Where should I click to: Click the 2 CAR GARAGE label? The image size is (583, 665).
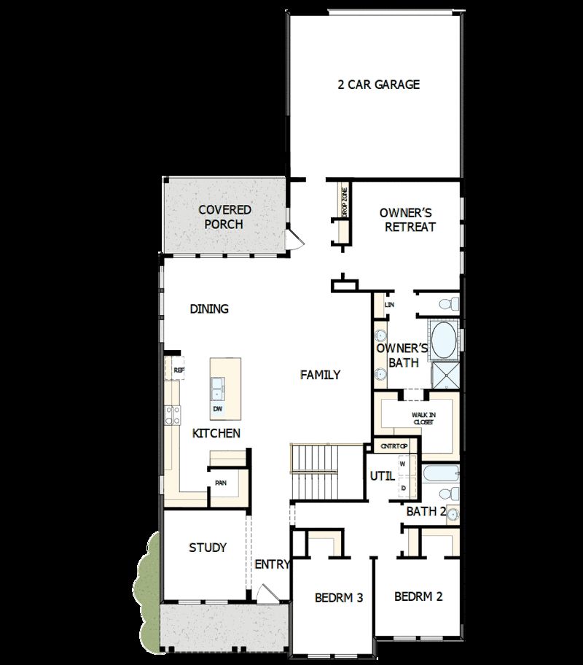[x=378, y=85]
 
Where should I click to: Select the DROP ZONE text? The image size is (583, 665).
[x=345, y=203]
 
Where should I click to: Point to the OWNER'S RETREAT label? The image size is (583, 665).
[x=407, y=219]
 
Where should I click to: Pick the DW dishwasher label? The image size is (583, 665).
[x=218, y=409]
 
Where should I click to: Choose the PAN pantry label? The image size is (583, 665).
[x=220, y=483]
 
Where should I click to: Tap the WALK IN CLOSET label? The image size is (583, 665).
[x=423, y=418]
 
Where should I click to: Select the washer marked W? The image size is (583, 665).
[x=402, y=464]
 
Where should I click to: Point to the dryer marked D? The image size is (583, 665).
[x=402, y=487]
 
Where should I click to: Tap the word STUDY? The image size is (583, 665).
[x=207, y=548]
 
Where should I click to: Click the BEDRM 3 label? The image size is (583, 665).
[x=339, y=598]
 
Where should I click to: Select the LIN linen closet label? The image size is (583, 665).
[x=389, y=304]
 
